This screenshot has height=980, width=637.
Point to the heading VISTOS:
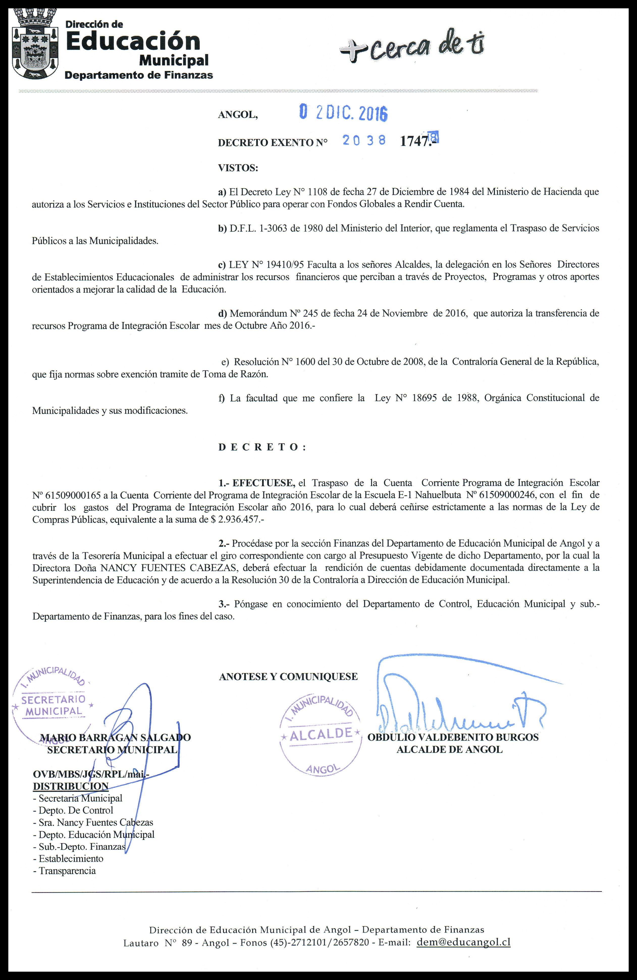[238, 168]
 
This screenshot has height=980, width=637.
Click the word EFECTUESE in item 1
[263, 483]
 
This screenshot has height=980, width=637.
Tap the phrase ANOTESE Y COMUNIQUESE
[288, 677]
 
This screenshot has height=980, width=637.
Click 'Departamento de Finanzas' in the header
[139, 75]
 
